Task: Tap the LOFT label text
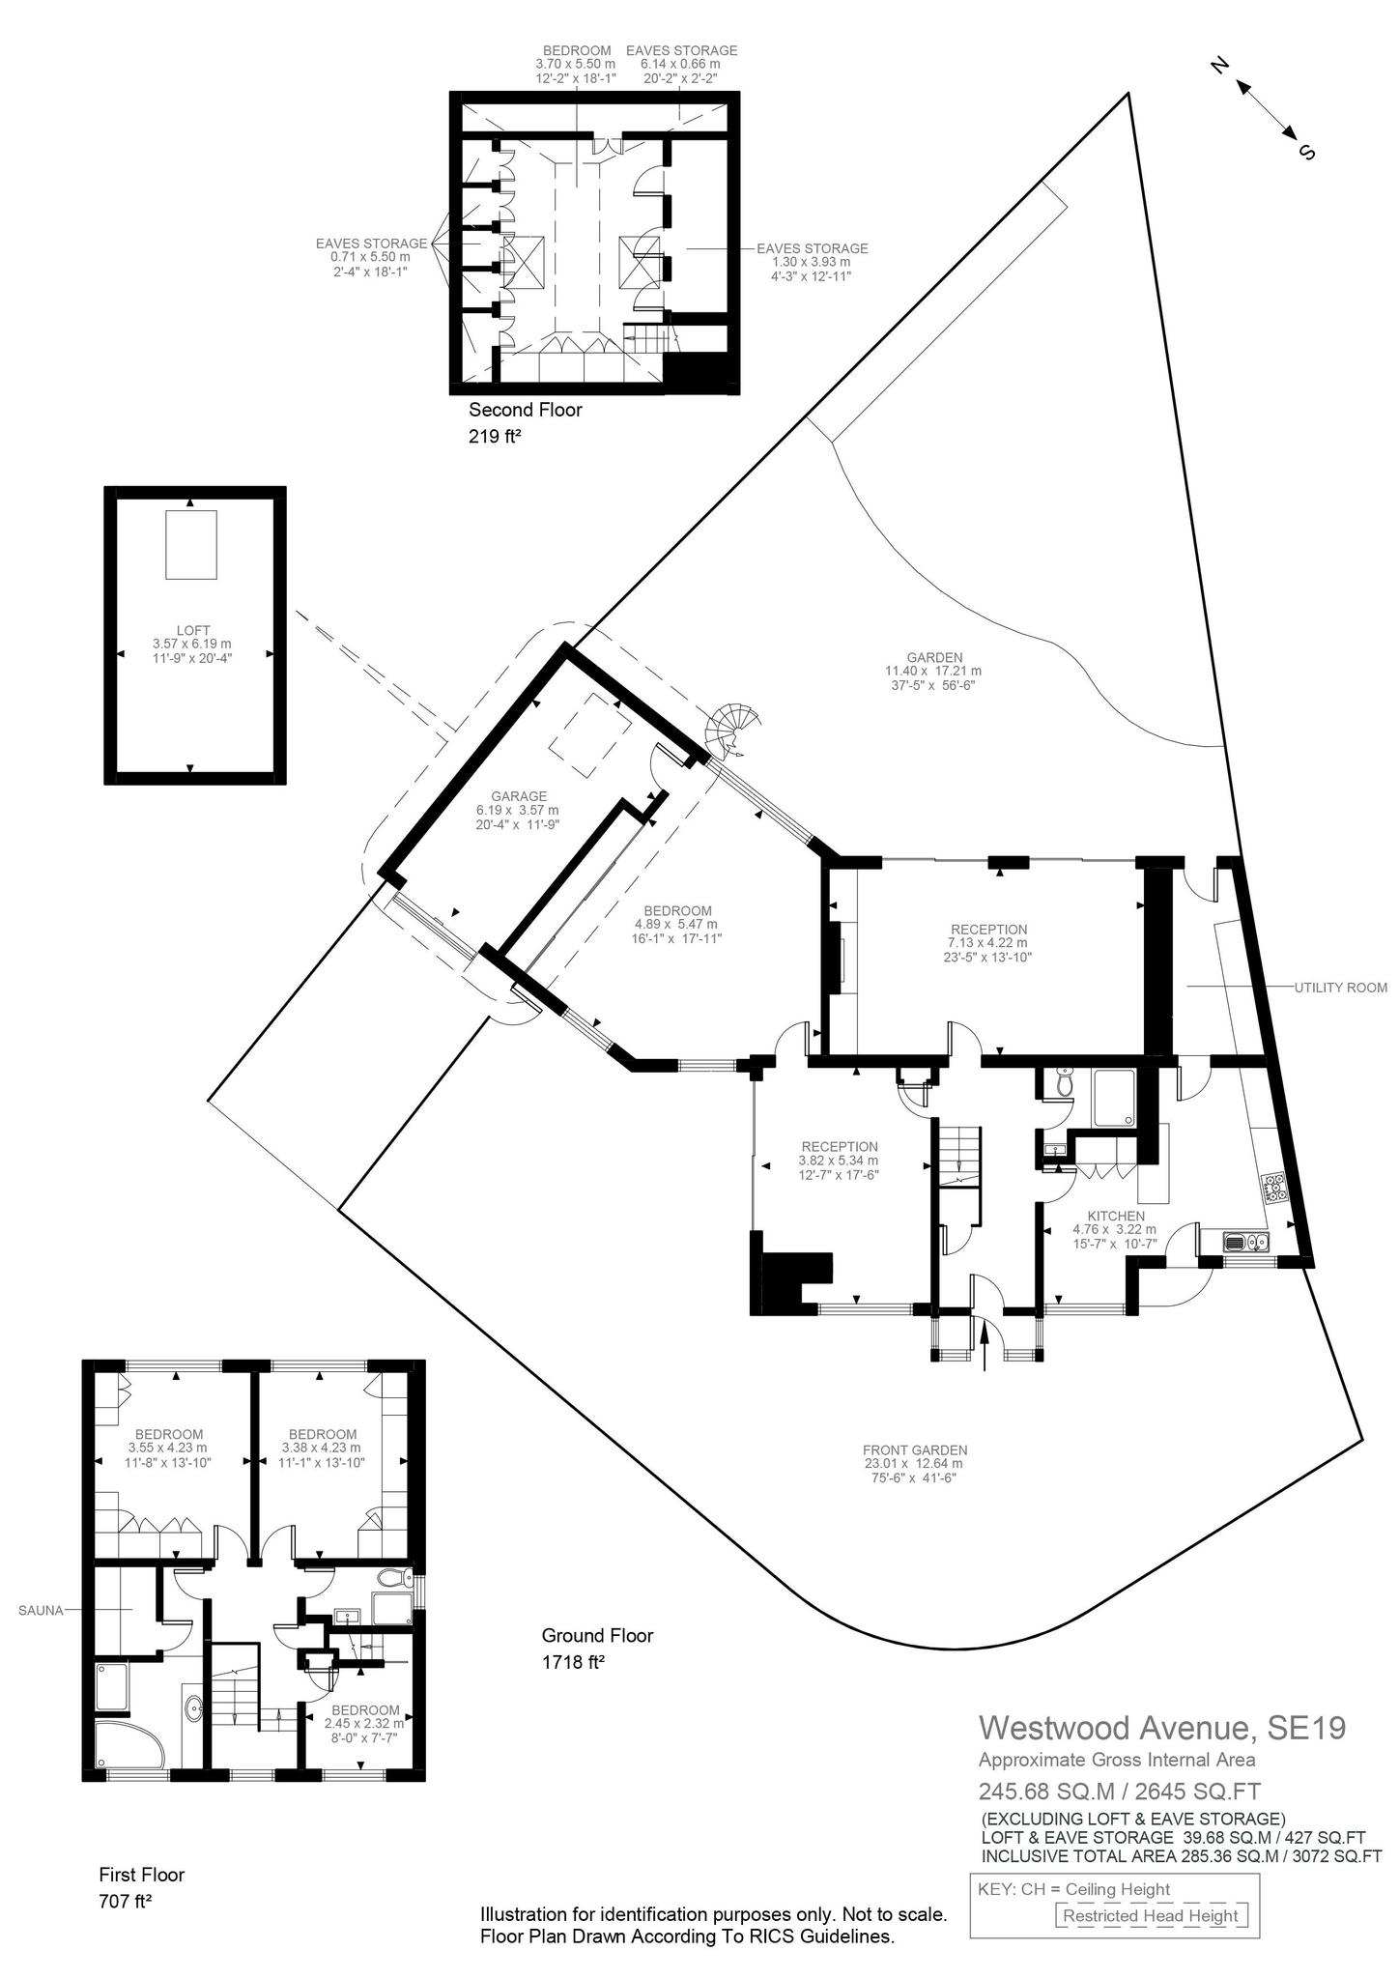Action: click(x=193, y=630)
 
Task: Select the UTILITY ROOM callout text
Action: click(x=1340, y=988)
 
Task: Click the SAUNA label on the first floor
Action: click(x=40, y=1611)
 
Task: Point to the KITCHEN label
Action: click(x=1115, y=1217)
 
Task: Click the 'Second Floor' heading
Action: click(x=526, y=410)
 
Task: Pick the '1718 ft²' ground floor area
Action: click(x=573, y=1663)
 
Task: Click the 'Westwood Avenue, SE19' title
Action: click(x=1162, y=1727)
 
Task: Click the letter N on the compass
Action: click(x=1220, y=67)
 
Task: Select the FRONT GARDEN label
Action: click(x=914, y=1449)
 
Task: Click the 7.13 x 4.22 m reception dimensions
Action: click(x=987, y=943)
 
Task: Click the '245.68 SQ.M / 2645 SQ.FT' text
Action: click(x=1119, y=1791)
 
